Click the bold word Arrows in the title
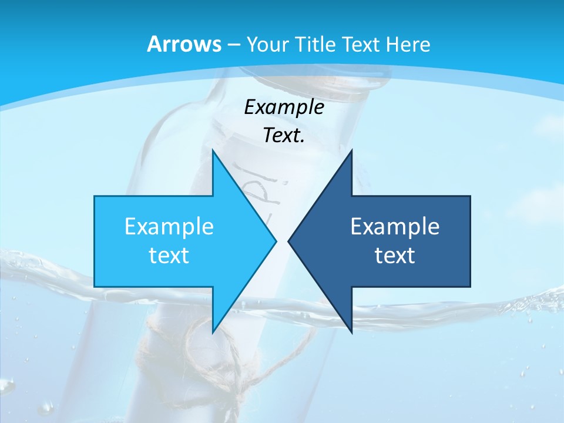[184, 44]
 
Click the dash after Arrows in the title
[233, 45]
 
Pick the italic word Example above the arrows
[284, 107]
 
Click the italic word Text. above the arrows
[284, 135]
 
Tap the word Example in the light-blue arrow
[169, 226]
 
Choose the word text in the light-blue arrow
[169, 255]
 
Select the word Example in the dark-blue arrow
[395, 226]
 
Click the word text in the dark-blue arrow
[395, 255]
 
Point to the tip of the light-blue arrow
[276, 241]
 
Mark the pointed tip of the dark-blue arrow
[288, 241]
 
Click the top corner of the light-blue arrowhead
[213, 150]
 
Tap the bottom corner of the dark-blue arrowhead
[351, 333]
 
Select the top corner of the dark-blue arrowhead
[351, 150]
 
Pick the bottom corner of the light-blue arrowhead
[213, 333]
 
